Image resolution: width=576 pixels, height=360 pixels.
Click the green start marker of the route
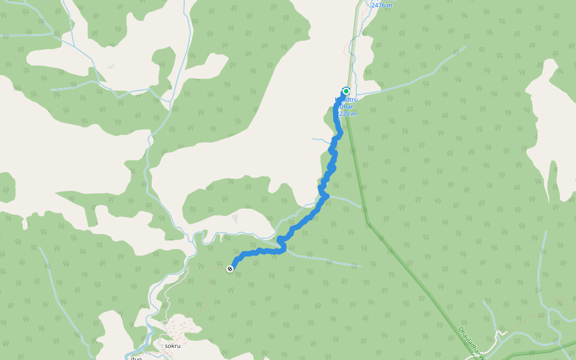(x=346, y=91)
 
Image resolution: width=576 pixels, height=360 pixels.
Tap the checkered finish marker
(x=230, y=269)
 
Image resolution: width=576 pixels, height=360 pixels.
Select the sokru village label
(x=172, y=346)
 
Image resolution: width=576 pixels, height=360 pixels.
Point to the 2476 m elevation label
(x=382, y=5)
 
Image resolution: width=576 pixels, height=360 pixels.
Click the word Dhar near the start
(x=347, y=106)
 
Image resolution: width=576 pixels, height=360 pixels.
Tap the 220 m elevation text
(x=347, y=113)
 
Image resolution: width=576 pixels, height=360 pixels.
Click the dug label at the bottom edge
(x=136, y=358)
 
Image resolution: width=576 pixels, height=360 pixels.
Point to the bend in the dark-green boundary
(x=368, y=224)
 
